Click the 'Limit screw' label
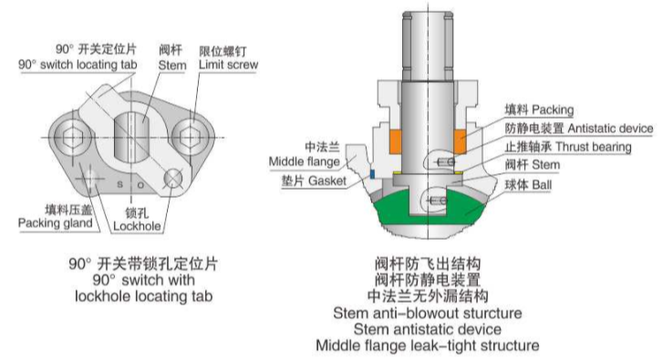coord(228,65)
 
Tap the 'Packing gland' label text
coord(56,223)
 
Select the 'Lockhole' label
coord(137,226)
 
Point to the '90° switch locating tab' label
coord(78,65)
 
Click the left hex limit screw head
coord(72,138)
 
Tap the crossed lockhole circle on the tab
coord(173,179)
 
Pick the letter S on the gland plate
coord(120,185)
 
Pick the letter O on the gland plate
coord(140,185)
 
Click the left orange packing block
coord(396,142)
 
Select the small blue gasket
coord(372,174)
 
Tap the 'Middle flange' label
coord(305,161)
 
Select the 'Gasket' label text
coord(327,180)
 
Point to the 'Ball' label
coord(542,185)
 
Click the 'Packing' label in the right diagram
coord(553,110)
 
